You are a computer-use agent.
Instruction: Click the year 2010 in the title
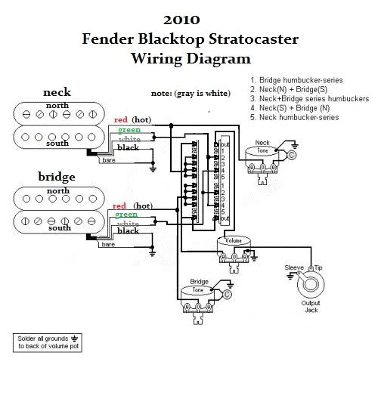point(188,20)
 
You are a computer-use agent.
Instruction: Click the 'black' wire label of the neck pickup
point(128,147)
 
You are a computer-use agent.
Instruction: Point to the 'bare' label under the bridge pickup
point(109,245)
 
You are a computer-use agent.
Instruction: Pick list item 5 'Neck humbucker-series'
point(297,117)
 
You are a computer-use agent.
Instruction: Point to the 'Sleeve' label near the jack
point(293,268)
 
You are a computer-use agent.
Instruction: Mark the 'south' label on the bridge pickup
point(60,227)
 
